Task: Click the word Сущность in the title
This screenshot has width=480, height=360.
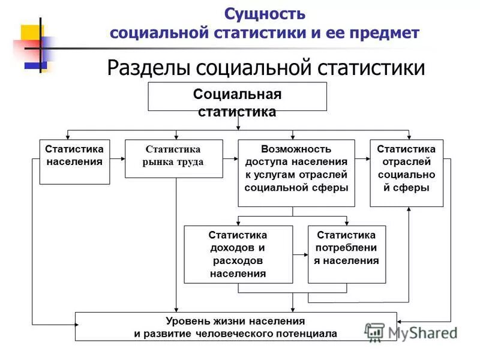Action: click(x=265, y=14)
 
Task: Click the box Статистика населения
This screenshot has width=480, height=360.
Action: click(x=75, y=161)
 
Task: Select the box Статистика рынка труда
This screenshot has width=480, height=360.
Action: click(x=174, y=158)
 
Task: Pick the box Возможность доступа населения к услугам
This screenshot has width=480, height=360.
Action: click(x=296, y=173)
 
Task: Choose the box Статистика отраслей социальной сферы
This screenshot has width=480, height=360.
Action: click(x=406, y=173)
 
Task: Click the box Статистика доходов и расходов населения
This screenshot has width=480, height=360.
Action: click(x=238, y=254)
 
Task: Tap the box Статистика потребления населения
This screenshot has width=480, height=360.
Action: click(x=347, y=254)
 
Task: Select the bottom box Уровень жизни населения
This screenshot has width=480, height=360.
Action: click(x=236, y=327)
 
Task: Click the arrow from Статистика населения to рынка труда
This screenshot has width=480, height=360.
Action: click(x=118, y=159)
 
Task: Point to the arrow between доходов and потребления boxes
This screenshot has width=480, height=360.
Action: click(x=301, y=254)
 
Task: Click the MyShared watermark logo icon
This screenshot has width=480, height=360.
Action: click(x=375, y=332)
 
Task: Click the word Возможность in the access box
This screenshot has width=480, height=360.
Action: click(x=296, y=148)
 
